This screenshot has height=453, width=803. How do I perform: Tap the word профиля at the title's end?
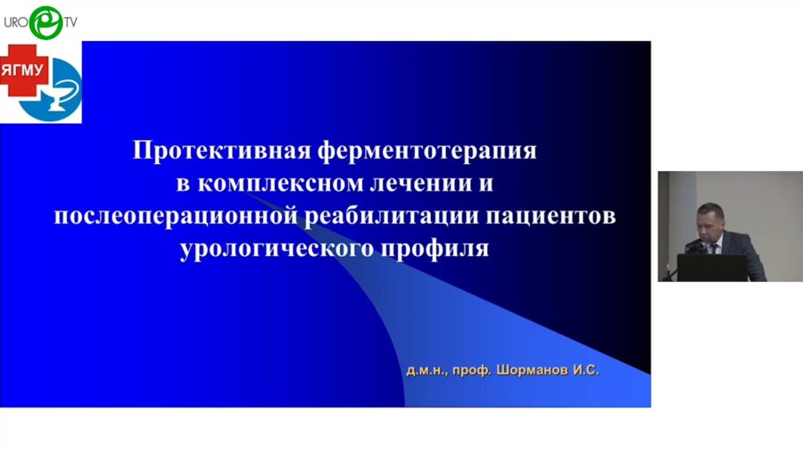point(437,249)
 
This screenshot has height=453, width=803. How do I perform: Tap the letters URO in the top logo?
point(15,21)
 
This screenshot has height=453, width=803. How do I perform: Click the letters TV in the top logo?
point(70,21)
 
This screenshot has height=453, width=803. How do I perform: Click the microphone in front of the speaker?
point(694,243)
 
